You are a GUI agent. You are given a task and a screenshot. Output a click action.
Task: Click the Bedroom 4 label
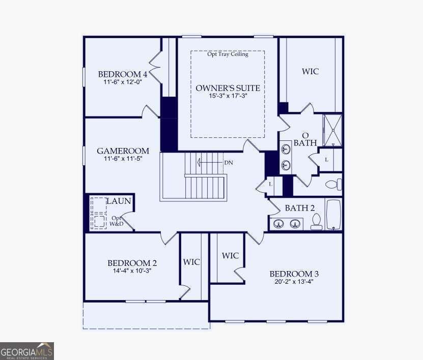tap(123, 74)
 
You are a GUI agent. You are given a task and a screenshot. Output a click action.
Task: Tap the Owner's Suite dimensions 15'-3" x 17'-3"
tap(228, 96)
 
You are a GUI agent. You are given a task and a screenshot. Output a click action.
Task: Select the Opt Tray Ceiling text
tap(228, 54)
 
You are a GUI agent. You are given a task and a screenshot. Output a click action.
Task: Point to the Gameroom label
tap(123, 151)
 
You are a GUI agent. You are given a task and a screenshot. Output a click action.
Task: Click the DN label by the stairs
tap(229, 163)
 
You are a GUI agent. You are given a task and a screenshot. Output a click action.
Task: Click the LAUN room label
tap(119, 201)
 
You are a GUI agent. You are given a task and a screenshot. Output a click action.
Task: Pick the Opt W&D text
tap(117, 221)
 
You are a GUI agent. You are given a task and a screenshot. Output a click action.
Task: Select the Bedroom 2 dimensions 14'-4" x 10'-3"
tap(132, 271)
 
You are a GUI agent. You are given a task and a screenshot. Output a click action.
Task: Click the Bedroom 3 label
tap(294, 274)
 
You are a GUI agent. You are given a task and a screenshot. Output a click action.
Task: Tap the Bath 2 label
tap(300, 208)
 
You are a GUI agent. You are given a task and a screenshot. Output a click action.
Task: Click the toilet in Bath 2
tap(316, 222)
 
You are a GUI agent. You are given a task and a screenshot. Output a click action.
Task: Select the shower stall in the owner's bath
tap(333, 130)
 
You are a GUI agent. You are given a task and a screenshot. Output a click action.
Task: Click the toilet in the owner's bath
tap(334, 185)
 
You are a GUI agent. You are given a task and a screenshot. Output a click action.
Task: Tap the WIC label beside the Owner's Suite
tap(310, 71)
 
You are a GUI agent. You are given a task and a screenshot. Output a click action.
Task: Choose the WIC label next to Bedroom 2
tap(191, 262)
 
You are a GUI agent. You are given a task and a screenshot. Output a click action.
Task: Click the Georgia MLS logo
tap(27, 351)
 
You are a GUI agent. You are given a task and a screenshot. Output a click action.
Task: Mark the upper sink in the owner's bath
tap(286, 148)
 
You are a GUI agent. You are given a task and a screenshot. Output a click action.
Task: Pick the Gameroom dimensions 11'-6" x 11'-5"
tap(123, 159)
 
